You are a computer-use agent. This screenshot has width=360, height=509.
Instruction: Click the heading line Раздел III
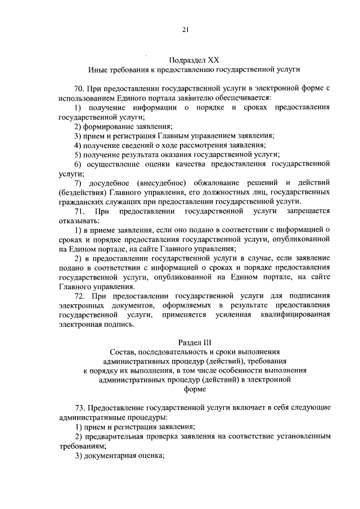(186, 343)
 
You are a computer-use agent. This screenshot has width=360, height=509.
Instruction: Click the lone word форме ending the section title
(186, 389)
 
